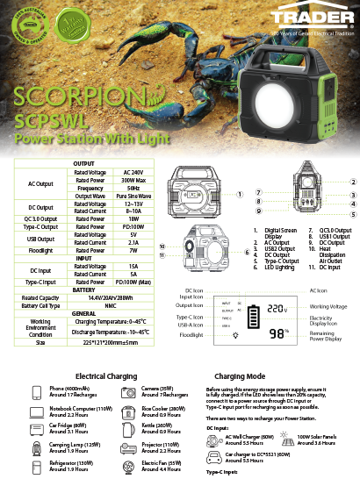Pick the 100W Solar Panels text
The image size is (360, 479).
click(315, 436)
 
